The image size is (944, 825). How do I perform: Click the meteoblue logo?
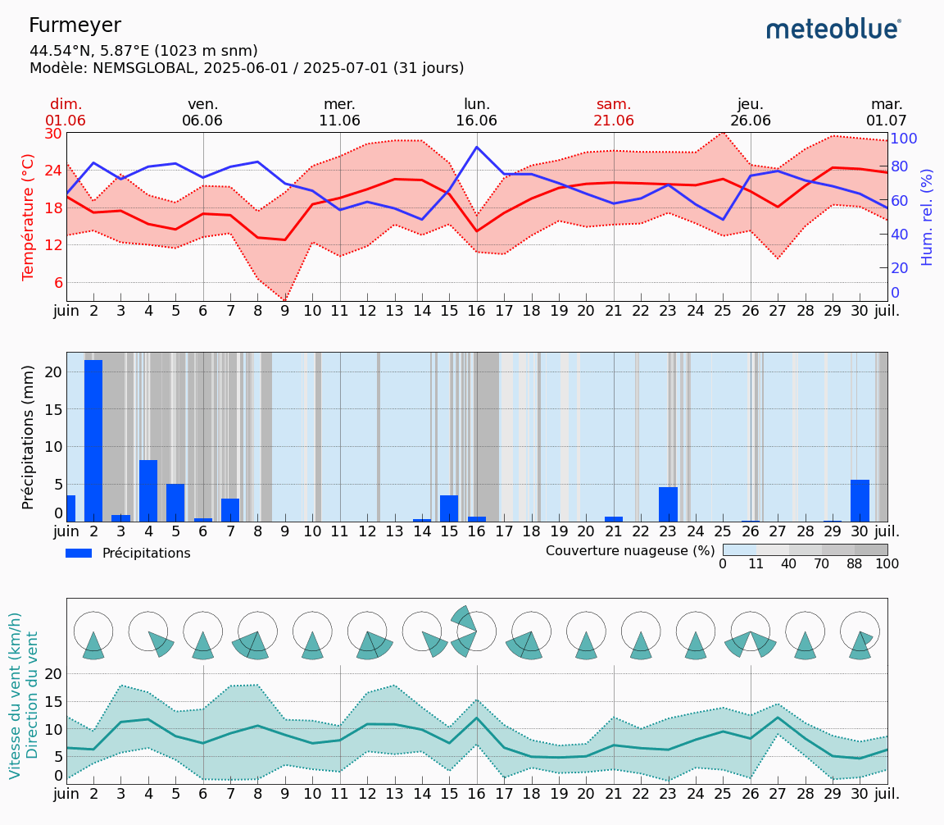point(833,30)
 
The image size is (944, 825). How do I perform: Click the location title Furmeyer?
point(75,25)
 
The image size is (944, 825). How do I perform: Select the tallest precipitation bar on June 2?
point(93,440)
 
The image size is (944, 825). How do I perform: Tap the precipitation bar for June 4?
point(148,490)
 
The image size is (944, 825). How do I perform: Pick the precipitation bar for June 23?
point(668,504)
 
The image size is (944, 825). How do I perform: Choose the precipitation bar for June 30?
point(860,500)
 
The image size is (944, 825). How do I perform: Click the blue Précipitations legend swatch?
point(79,554)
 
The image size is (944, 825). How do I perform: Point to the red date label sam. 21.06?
point(614,112)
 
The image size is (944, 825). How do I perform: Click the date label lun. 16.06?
point(477,112)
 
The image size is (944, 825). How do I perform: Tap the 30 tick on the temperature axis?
point(53,134)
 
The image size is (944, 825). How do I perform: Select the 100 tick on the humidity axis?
point(903,139)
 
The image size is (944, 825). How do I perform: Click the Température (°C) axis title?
point(29,217)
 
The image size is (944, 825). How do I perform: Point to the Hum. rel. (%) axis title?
point(927,217)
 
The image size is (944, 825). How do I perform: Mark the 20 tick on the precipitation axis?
point(53,371)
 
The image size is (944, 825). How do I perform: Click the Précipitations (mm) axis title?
point(29,436)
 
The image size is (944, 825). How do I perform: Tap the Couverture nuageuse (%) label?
point(630,550)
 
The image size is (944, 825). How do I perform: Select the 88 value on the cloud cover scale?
point(855,564)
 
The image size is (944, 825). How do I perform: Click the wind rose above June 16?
point(475,631)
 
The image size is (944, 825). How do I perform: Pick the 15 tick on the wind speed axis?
point(53,701)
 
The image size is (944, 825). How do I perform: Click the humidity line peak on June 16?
point(477,147)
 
